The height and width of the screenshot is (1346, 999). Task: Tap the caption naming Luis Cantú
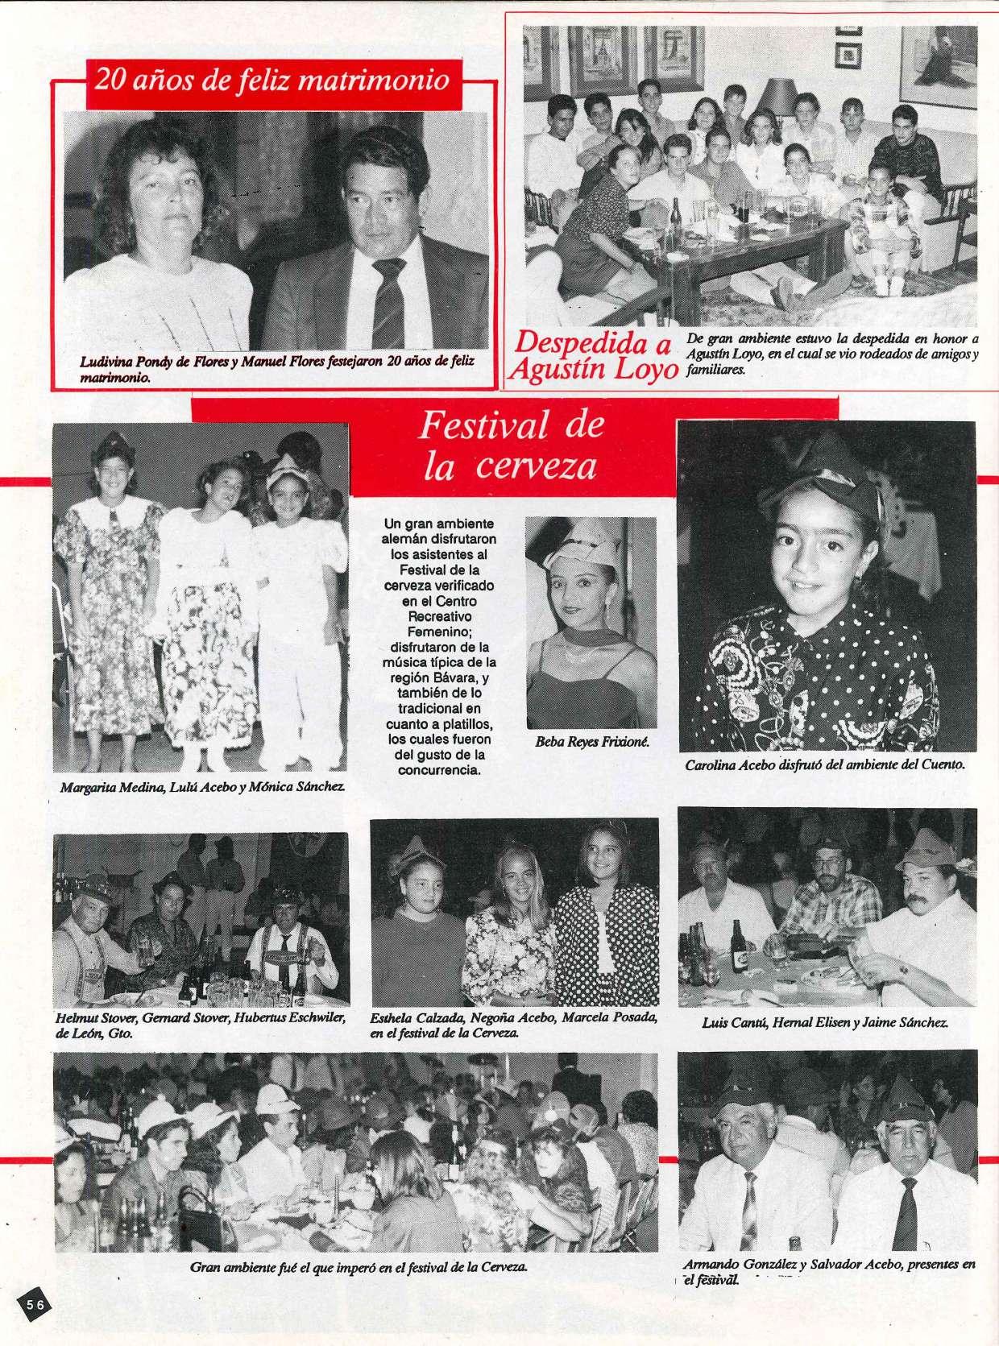[824, 1024]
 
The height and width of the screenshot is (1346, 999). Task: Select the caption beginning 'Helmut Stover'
[201, 1025]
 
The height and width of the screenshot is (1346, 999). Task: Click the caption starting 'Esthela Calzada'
[513, 1024]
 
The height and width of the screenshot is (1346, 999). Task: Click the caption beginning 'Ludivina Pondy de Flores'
[277, 368]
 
